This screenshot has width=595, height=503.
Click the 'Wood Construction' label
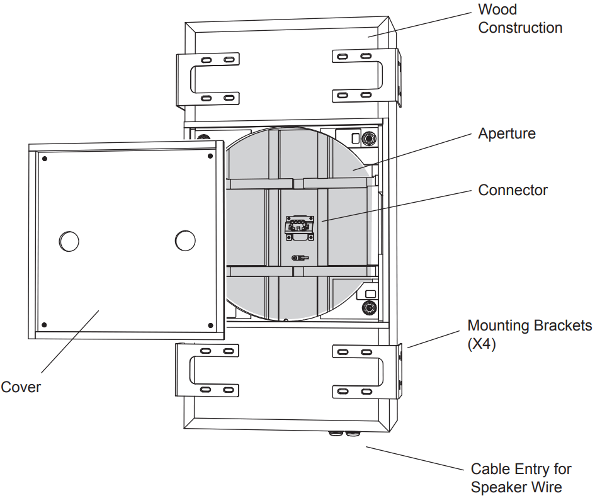519,19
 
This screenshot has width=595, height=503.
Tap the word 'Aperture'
506,133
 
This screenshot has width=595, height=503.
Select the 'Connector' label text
513,190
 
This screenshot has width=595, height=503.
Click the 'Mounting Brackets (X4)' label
529,334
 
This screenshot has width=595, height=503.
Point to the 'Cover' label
20,387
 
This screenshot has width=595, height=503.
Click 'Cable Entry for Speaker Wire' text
520,478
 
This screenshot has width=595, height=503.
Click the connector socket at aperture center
298,227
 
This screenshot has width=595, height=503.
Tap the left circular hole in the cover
69,240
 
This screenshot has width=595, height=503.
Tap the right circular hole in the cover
184,240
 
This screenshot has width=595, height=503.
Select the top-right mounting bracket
365,75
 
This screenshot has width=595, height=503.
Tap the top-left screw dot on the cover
45,158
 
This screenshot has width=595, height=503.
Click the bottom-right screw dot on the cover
210,325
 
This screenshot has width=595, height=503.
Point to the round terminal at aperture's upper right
369,137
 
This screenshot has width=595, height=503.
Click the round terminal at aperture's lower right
368,308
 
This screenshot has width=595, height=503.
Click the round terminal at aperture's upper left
203,138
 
